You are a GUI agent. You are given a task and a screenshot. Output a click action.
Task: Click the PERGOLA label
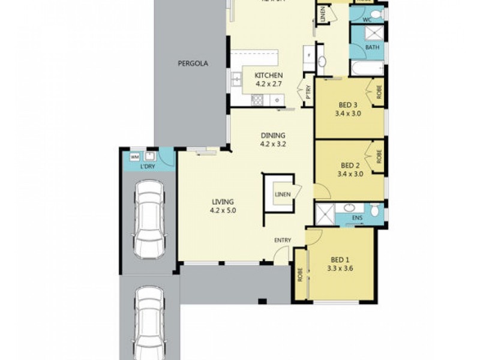click(193, 63)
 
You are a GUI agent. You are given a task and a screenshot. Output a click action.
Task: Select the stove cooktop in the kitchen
click(257, 100)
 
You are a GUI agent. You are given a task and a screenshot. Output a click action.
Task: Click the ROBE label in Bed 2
click(379, 156)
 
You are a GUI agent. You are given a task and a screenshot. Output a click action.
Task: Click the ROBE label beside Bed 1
click(299, 274)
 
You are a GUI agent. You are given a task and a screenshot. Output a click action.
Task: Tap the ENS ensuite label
click(357, 217)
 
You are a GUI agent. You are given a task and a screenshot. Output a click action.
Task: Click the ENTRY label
click(283, 241)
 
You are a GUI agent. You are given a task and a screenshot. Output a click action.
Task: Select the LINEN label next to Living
click(283, 194)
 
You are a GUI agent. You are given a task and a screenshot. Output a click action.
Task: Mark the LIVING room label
click(222, 202)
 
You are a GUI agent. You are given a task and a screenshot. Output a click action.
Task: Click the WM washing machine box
click(134, 157)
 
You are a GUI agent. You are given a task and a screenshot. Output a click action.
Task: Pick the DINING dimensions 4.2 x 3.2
click(272, 144)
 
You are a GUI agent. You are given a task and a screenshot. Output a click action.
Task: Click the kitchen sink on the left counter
click(237, 77)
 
